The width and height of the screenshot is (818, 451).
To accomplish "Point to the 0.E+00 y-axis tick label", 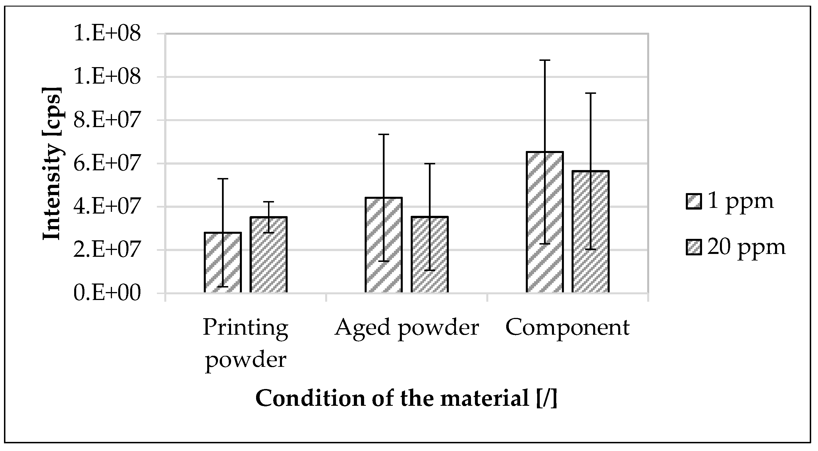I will coord(107,293).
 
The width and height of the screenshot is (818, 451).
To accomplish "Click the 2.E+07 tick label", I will coord(107,250).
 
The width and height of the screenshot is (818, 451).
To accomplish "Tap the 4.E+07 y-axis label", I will coord(107,207).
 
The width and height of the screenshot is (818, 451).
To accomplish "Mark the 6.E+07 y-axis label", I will coord(107,164).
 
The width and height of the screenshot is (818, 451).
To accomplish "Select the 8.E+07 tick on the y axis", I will coord(107,120).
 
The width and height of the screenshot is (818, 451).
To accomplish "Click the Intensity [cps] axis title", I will coord(52,164).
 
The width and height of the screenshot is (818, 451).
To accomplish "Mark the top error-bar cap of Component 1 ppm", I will coord(545,60).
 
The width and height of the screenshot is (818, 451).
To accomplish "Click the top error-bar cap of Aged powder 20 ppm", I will coord(430,164).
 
